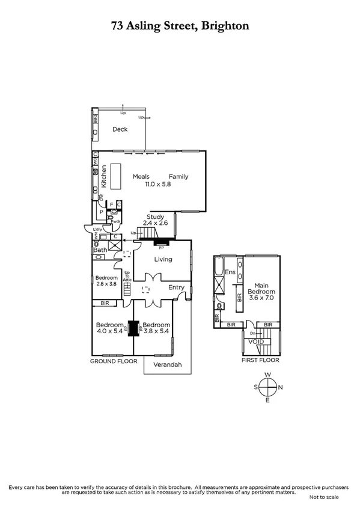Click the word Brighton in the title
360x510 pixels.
click(224, 26)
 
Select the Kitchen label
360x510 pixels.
click(103, 176)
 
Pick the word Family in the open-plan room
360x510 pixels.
click(178, 177)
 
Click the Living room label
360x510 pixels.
click(163, 259)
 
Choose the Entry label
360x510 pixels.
click(177, 287)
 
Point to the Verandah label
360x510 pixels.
click(167, 364)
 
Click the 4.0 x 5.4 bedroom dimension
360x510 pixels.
click(109, 330)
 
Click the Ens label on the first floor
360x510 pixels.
click(229, 272)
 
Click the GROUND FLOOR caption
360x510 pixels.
click(114, 361)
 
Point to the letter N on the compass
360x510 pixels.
click(280, 387)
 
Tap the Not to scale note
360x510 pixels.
click(324, 497)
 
